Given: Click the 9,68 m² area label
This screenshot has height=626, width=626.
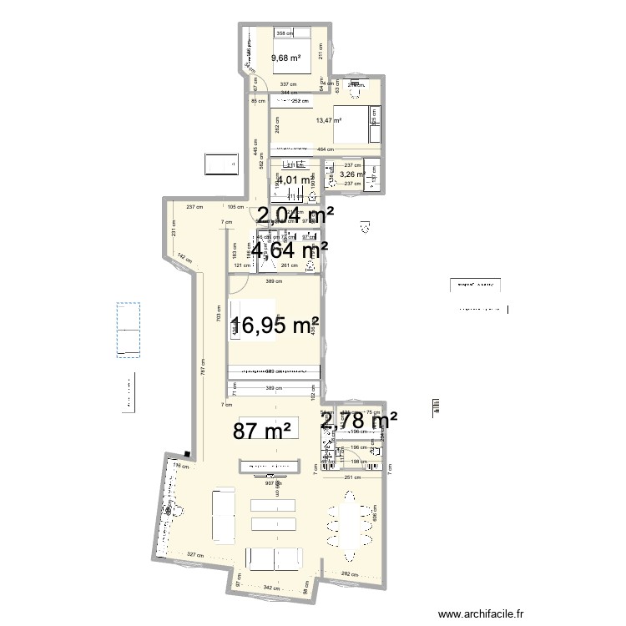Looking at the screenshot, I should click(285, 58).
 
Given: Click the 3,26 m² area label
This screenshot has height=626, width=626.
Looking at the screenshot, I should click(352, 174).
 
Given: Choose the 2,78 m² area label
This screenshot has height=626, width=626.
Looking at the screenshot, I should click(359, 422).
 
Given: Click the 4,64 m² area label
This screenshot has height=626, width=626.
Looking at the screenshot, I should click(290, 249).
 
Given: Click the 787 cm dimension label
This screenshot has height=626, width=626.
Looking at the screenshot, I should click(202, 365).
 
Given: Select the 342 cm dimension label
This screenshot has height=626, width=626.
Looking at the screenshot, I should click(271, 588).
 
